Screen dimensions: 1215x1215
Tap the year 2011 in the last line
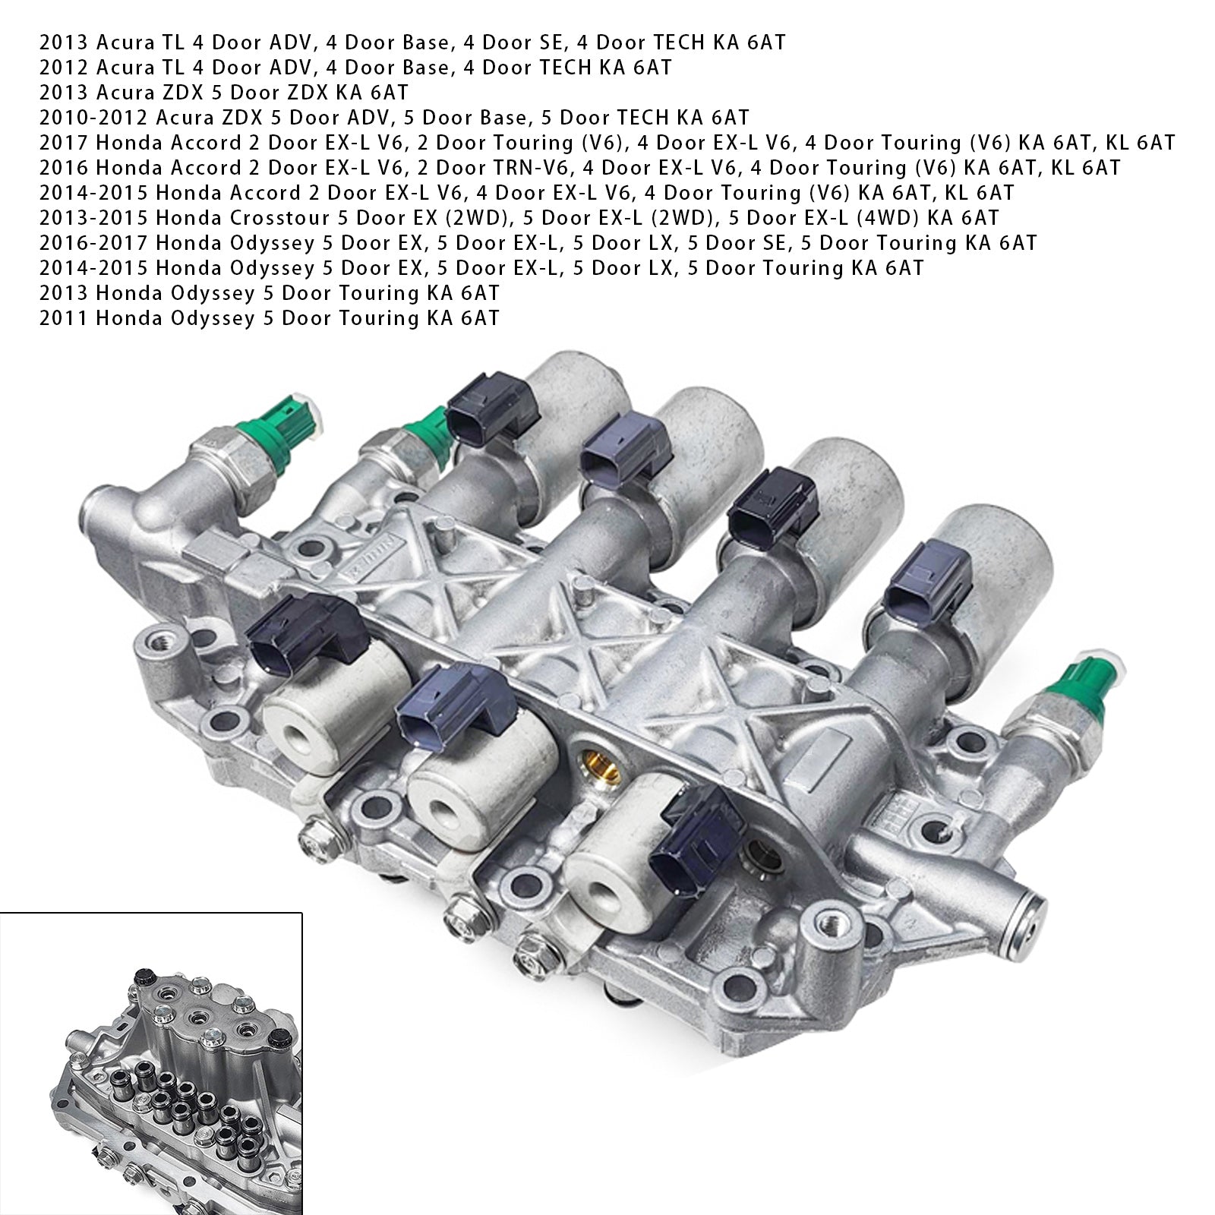pos(64,319)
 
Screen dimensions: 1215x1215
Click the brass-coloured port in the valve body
pos(597,774)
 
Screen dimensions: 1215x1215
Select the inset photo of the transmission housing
pos(151,1063)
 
